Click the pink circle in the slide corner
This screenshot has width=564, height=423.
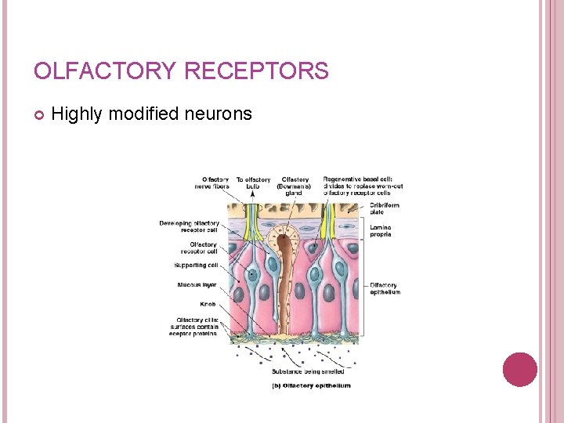pyautogui.click(x=519, y=370)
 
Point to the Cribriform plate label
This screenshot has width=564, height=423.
pyautogui.click(x=385, y=208)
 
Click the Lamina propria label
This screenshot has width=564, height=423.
pyautogui.click(x=381, y=231)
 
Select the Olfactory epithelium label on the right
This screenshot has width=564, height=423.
pyautogui.click(x=385, y=288)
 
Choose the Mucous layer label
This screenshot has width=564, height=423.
pyautogui.click(x=197, y=285)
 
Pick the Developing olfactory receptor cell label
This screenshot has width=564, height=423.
pyautogui.click(x=190, y=226)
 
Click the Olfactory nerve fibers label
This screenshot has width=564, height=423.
pyautogui.click(x=211, y=183)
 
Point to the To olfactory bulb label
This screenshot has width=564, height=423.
pyautogui.click(x=253, y=183)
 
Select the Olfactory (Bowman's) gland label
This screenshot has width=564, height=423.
pyautogui.click(x=295, y=186)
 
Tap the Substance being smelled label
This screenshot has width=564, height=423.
pyautogui.click(x=308, y=371)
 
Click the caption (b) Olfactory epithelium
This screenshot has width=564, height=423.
pyautogui.click(x=311, y=385)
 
